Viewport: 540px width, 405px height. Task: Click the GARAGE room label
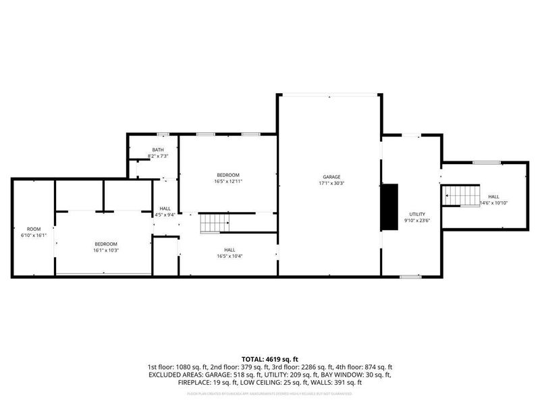click(x=331, y=177)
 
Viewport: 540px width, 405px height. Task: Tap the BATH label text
click(x=157, y=150)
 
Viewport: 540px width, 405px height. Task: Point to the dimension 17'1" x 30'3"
click(x=331, y=183)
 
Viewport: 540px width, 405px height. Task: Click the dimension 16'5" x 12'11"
click(x=227, y=181)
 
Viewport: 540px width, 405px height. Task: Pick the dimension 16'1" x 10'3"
click(x=105, y=250)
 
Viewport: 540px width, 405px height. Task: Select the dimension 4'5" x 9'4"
click(x=165, y=215)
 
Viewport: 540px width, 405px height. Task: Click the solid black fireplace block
click(x=389, y=207)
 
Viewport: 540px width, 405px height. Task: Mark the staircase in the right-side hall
click(x=461, y=196)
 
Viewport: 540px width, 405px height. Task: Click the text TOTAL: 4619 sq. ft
click(x=270, y=358)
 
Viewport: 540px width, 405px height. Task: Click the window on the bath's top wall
click(x=162, y=134)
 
